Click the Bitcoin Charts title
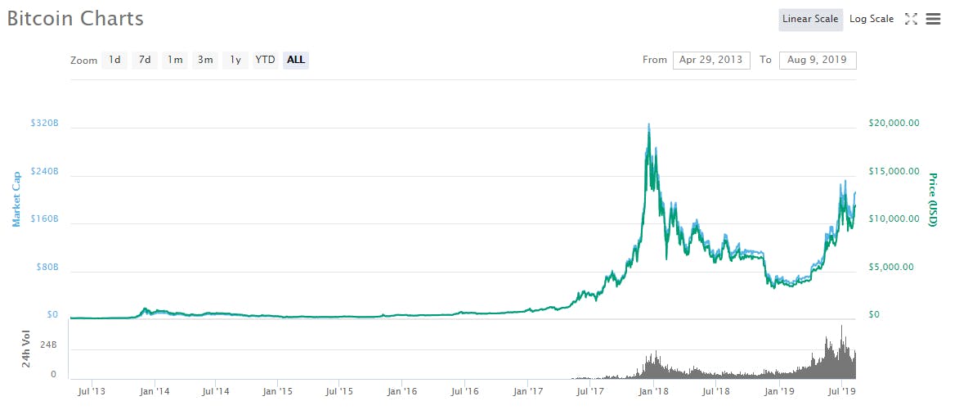tap(75, 19)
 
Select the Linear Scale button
tap(810, 19)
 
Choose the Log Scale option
tap(872, 19)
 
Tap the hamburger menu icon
tap(933, 19)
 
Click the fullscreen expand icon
tap(911, 19)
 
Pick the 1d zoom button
tap(114, 60)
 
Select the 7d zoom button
tap(145, 60)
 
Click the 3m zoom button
tap(205, 60)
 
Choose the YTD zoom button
tap(265, 60)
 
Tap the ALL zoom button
tap(296, 60)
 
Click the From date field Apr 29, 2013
tap(711, 60)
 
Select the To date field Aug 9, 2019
tap(818, 60)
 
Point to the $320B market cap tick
tap(44, 123)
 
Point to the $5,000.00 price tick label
tap(896, 267)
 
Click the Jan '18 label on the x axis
tap(653, 392)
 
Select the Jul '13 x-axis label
tap(91, 392)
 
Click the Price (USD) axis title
tap(933, 200)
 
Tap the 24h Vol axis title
tap(27, 349)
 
